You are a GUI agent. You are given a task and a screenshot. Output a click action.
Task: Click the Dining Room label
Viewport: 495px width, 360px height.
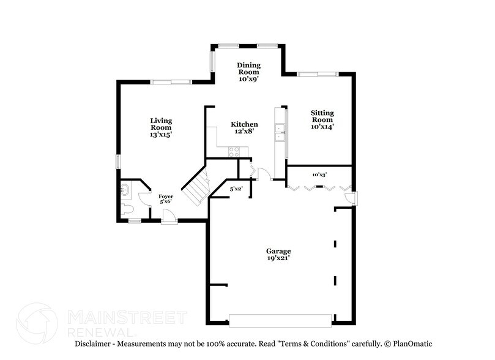249,72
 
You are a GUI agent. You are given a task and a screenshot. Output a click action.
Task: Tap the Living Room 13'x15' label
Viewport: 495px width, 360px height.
162,127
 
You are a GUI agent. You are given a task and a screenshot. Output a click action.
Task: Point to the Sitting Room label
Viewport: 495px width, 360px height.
322,119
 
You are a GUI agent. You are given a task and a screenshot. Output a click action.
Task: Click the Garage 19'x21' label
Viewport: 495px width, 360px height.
278,255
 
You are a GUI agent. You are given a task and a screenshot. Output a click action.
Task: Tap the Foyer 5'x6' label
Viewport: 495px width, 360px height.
166,199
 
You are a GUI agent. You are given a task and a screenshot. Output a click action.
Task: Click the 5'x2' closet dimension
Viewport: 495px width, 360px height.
236,189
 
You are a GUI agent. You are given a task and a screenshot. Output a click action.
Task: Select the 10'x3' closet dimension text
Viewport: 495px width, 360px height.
319,174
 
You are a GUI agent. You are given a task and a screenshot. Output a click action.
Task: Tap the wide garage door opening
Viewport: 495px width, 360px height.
280,320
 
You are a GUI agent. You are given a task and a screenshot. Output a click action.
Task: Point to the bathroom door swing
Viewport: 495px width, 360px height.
144,198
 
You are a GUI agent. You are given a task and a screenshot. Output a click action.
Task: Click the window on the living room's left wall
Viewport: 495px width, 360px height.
119,160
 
